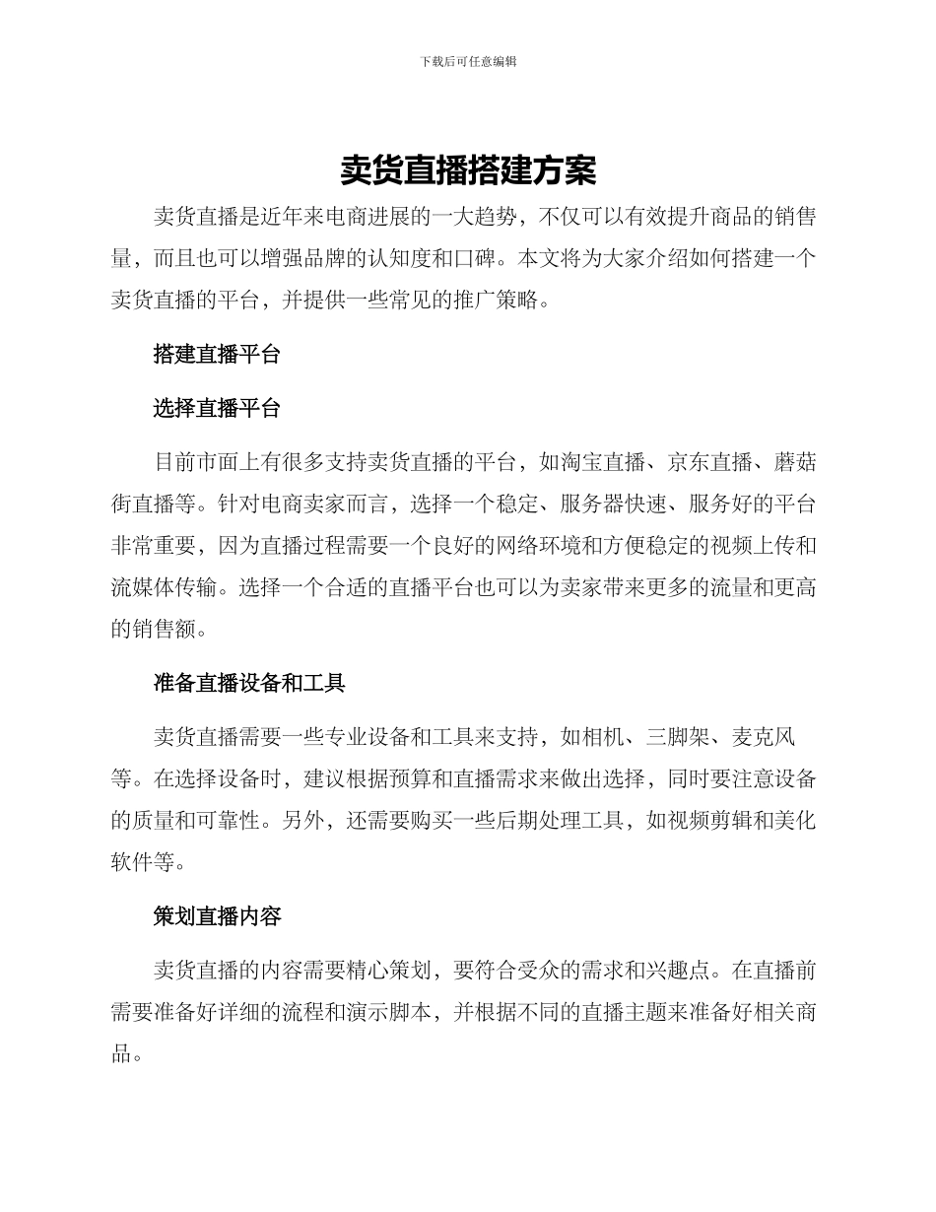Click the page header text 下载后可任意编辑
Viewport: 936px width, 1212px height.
pos(468,61)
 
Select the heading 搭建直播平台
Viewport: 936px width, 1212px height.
pos(217,355)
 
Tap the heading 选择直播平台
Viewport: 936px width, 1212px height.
pos(217,408)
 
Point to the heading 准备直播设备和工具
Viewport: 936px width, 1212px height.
pos(249,682)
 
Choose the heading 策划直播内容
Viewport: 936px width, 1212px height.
pos(217,915)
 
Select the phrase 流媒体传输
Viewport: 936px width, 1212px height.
pos(164,588)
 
